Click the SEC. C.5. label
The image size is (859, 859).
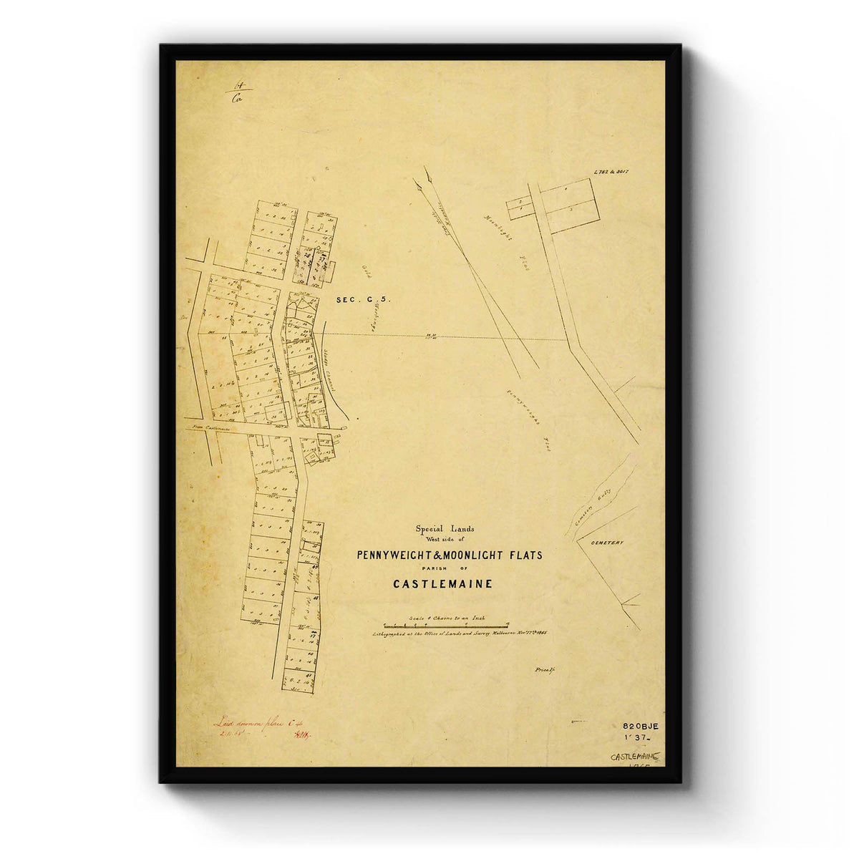363,301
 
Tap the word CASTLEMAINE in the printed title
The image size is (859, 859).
442,583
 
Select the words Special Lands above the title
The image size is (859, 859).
445,529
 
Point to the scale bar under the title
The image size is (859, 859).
445,625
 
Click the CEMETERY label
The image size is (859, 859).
607,543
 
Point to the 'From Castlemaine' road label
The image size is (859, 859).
209,428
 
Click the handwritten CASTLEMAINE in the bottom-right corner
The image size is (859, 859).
636,756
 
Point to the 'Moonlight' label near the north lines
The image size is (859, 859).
498,227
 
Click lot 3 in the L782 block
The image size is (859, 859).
571,211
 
